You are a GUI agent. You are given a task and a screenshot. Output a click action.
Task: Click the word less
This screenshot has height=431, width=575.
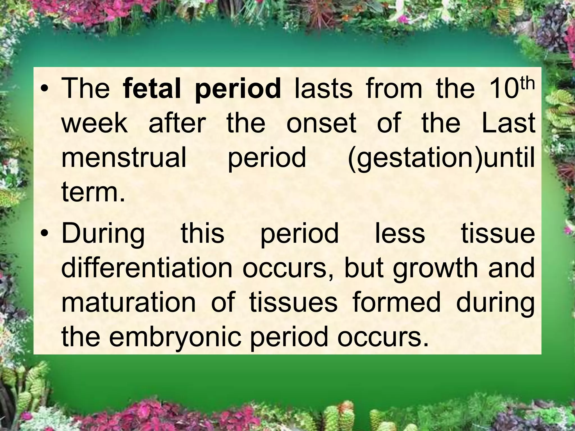click(x=400, y=233)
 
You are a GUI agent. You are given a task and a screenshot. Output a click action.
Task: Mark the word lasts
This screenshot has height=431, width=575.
click(x=323, y=89)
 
